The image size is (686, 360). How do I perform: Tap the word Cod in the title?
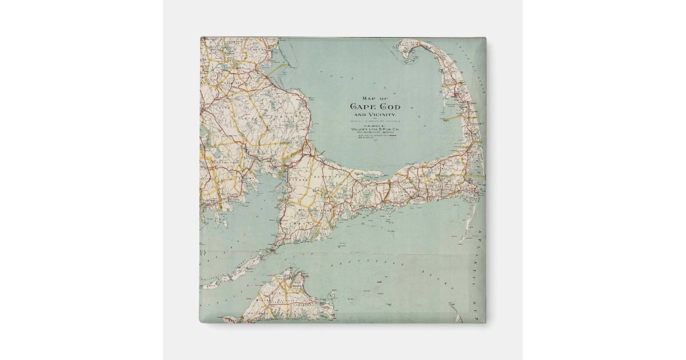(x=389, y=107)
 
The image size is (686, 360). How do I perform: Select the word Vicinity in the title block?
(x=382, y=115)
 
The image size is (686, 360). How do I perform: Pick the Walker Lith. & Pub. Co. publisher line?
(x=375, y=129)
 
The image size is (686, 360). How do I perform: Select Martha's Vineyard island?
(x=280, y=300)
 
